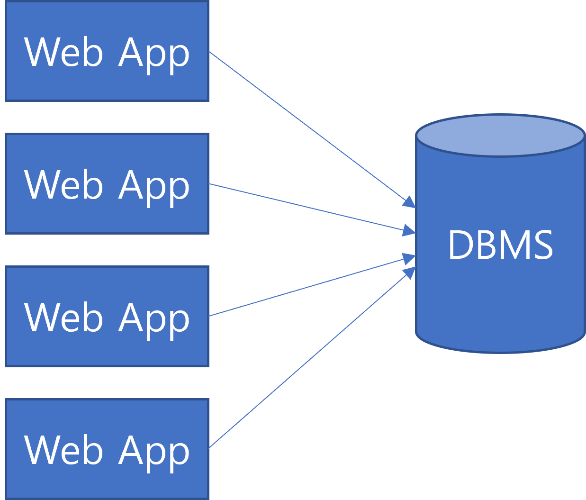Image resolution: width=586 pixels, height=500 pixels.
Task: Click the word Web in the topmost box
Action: coord(63,52)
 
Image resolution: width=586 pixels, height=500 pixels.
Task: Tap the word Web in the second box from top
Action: coord(63,185)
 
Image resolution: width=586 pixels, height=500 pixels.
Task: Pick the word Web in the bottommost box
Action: coord(63,450)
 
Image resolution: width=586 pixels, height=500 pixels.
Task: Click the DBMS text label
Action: coord(500,245)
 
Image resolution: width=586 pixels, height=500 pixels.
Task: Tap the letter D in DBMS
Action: coord(459,245)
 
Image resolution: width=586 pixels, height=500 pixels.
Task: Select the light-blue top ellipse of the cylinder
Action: coord(500,135)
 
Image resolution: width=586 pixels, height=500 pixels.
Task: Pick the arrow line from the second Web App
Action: coord(308,207)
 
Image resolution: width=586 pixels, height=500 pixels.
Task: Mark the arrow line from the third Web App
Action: coord(308,287)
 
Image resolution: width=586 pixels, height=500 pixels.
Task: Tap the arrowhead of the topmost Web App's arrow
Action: coord(409,203)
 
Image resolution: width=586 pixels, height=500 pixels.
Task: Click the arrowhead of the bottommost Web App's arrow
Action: coord(409,273)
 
